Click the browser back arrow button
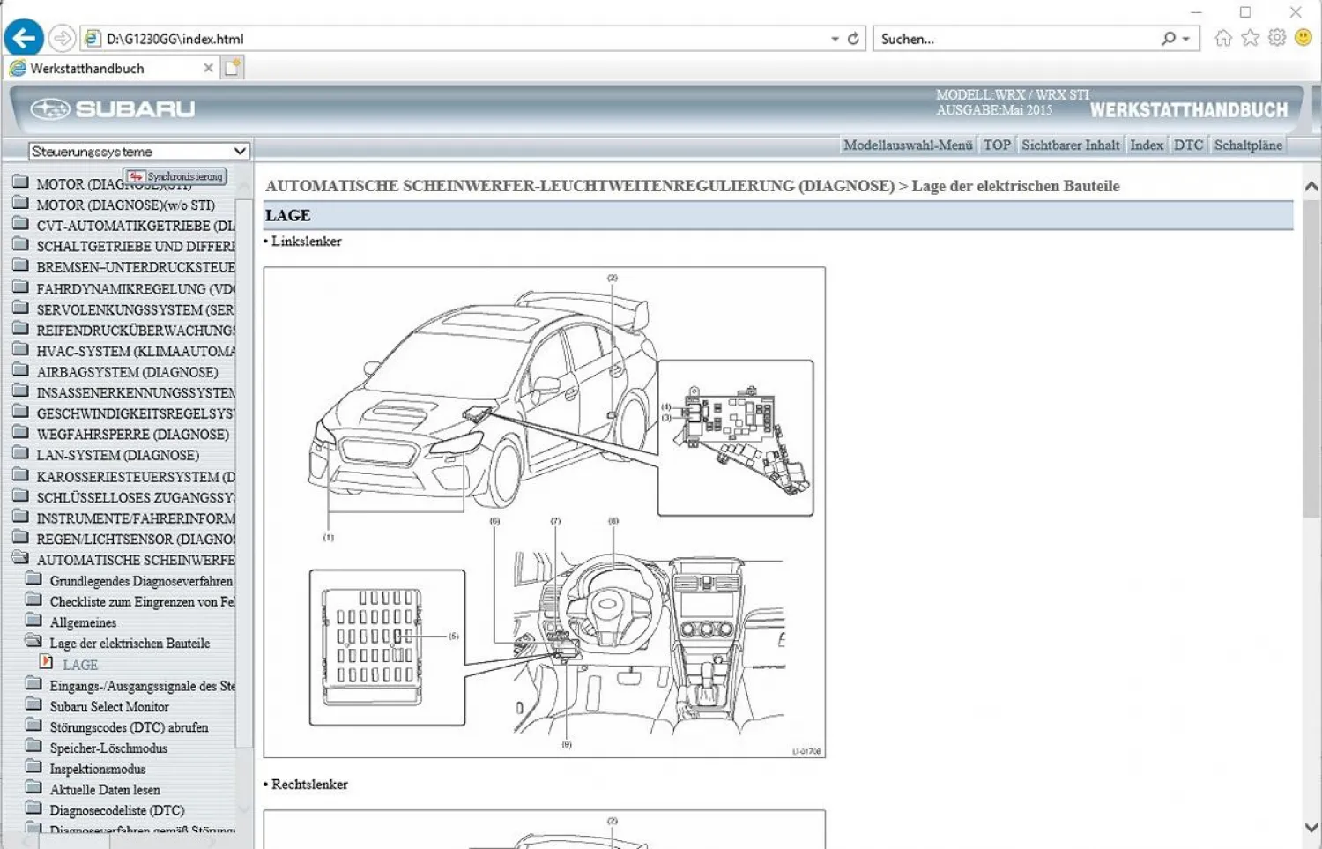pos(24,38)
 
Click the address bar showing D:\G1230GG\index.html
pos(458,39)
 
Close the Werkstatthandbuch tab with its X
pos(208,68)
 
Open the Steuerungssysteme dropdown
pos(138,152)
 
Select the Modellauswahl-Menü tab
pos(907,145)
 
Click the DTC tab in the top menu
pos(1187,145)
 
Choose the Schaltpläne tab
pos(1247,145)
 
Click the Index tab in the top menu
pos(1146,145)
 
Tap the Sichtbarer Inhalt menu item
pos(1070,145)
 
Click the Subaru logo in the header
pos(113,108)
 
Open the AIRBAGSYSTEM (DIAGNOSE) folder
pos(127,372)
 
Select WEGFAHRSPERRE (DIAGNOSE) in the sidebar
pos(132,435)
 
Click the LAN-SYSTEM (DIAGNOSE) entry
pos(117,455)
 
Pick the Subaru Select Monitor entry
pos(109,707)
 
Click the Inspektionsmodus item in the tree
pos(97,770)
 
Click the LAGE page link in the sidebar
pos(79,666)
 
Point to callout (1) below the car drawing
pos(328,537)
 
